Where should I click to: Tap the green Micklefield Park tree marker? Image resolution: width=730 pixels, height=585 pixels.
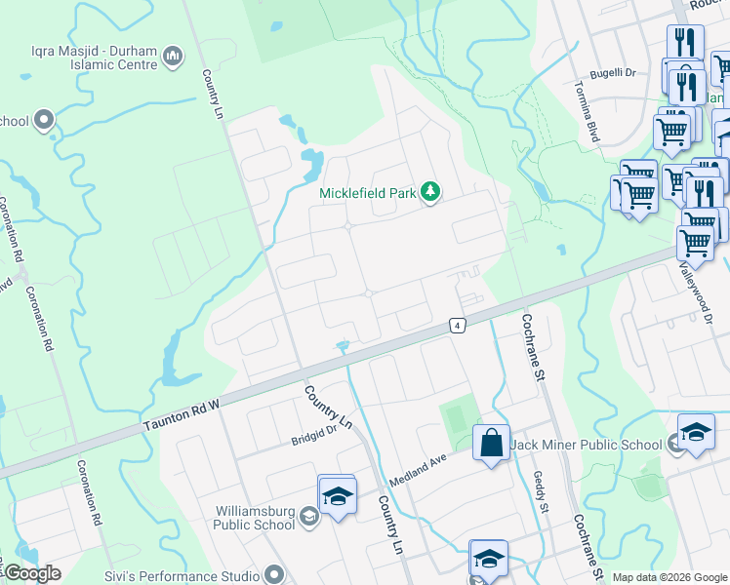430,193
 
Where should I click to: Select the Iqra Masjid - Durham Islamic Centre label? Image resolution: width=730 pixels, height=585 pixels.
86,58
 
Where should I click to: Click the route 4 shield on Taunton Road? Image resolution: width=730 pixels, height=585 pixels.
456,325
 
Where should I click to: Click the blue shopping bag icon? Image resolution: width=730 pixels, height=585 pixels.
492,443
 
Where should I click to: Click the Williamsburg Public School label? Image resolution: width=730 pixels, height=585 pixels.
256,517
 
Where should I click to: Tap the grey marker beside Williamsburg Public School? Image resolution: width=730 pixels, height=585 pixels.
309,517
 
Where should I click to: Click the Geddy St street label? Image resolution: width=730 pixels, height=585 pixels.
542,492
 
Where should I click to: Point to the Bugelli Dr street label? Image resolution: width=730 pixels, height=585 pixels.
617,73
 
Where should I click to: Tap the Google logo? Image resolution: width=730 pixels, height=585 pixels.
31,573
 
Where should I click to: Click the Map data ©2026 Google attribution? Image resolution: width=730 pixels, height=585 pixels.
669,577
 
